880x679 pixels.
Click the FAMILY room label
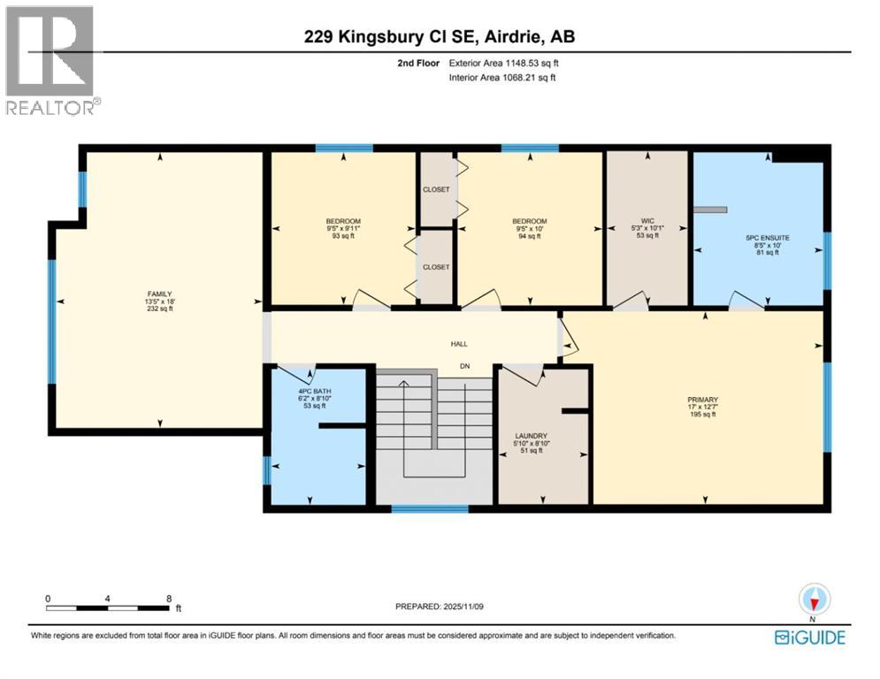[x=159, y=294]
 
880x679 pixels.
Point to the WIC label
[x=648, y=221]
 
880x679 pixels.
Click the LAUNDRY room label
[x=532, y=435]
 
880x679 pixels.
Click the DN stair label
[x=463, y=366]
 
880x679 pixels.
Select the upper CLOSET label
[x=436, y=189]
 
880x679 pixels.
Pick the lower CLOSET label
[x=436, y=266]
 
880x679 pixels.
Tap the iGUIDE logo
[x=809, y=637]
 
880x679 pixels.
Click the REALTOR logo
[x=51, y=60]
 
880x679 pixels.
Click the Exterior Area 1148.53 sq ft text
[x=504, y=63]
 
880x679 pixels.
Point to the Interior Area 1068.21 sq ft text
[x=504, y=78]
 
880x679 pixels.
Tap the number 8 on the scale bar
[x=169, y=599]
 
